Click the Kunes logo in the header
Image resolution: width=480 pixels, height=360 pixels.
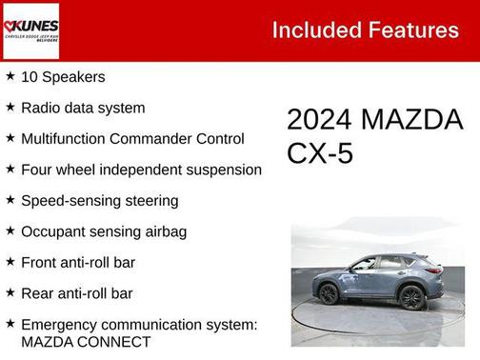(30, 30)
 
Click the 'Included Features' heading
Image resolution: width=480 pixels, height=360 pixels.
(365, 30)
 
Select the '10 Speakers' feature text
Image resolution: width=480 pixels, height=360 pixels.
(63, 76)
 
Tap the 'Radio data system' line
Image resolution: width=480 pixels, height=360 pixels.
(83, 108)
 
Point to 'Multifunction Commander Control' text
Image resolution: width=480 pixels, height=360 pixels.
(132, 138)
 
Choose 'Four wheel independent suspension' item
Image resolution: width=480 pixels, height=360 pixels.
(141, 170)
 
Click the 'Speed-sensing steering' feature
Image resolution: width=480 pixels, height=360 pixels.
(99, 200)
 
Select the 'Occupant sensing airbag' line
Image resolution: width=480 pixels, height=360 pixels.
(104, 231)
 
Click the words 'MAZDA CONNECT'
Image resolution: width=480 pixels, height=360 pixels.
(86, 342)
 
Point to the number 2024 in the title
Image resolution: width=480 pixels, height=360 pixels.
(320, 121)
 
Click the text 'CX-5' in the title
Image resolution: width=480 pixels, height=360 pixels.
(320, 153)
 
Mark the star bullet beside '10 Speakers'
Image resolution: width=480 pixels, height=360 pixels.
(10, 76)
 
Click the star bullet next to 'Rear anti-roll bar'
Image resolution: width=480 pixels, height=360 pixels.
(10, 293)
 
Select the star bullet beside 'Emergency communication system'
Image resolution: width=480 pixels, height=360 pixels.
(10, 325)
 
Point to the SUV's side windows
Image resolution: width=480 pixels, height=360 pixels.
(381, 264)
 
